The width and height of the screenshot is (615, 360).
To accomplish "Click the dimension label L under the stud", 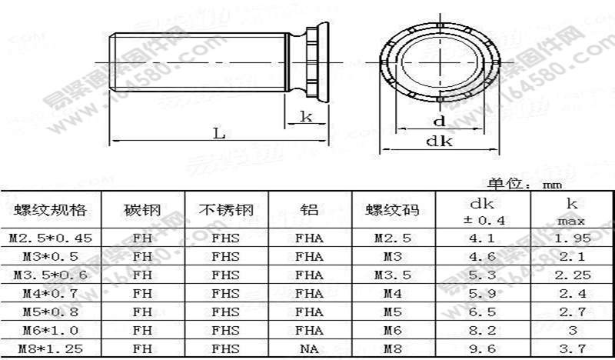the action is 219,132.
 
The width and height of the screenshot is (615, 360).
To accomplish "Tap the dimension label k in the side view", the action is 305,116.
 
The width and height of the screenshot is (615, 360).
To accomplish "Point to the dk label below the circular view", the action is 440,141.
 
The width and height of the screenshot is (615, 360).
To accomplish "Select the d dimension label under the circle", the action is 439,121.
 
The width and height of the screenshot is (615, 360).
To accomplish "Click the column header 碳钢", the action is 142,210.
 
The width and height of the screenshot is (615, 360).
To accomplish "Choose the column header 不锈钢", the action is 225,210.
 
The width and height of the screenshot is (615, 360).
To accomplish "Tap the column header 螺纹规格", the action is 50,210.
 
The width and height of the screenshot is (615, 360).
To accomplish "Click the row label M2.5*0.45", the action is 50,238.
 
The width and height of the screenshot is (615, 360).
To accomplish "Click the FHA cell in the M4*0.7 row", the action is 309,293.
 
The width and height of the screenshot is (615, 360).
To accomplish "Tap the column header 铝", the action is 309,210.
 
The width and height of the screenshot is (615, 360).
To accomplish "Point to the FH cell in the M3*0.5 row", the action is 142,256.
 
